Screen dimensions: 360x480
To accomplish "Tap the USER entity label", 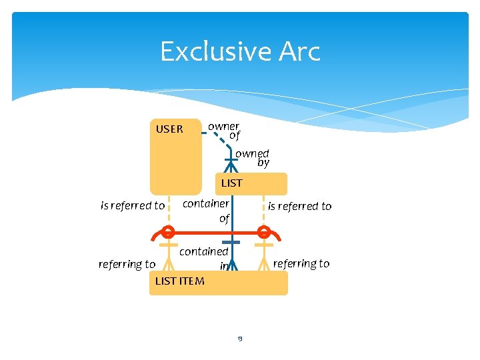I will click(x=169, y=129).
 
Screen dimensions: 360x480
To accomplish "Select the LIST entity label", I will click(x=231, y=183).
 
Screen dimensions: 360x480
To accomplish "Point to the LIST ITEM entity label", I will click(x=179, y=281).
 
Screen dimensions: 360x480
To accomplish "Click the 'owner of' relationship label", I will click(x=225, y=131).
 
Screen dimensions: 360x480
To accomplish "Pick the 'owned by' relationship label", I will click(x=253, y=158).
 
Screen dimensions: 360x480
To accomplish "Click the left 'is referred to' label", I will click(x=133, y=205).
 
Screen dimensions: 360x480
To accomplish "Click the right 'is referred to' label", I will click(x=299, y=206).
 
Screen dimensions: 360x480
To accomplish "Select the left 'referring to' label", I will click(x=127, y=264).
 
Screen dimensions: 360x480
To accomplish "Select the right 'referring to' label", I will click(x=301, y=263).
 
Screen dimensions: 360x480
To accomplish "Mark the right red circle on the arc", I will click(x=264, y=232).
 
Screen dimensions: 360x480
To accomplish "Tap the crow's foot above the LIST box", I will click(x=231, y=165).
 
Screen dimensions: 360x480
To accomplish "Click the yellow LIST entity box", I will click(x=267, y=184).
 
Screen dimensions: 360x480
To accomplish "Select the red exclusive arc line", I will click(x=200, y=233).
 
